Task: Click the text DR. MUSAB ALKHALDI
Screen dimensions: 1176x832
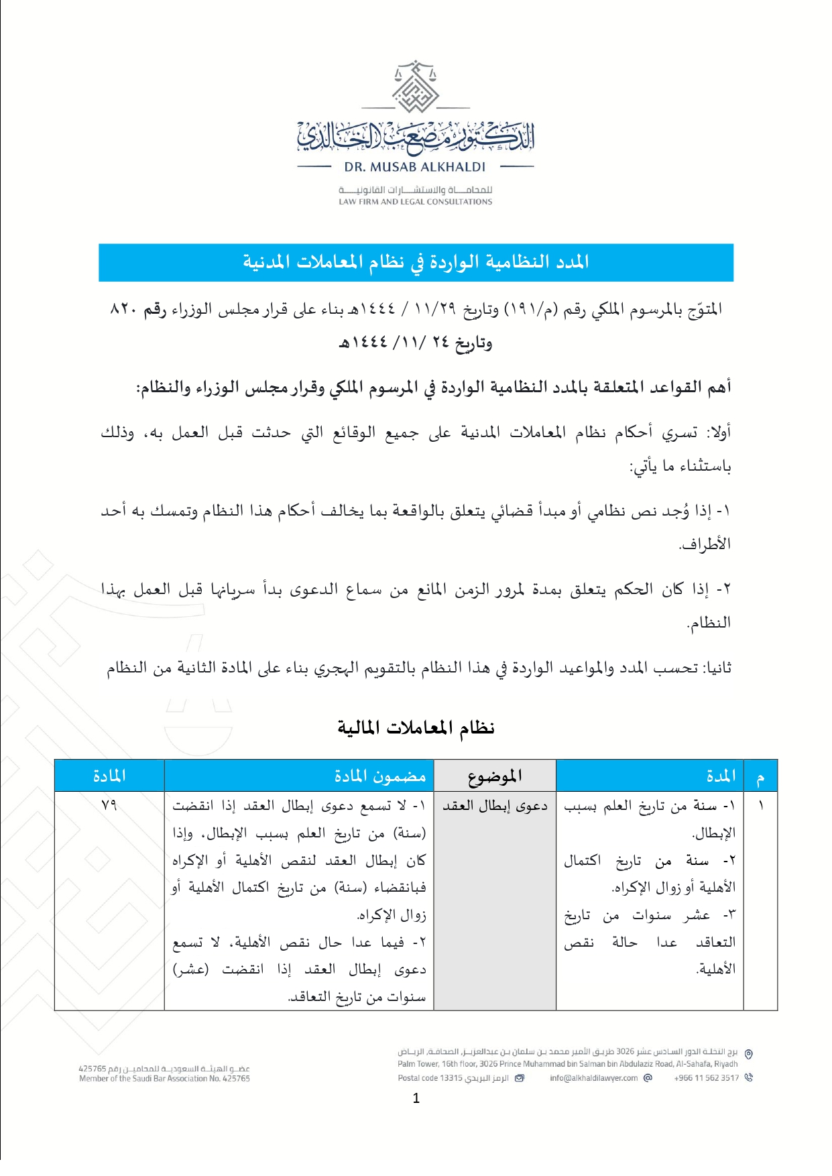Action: click(x=415, y=167)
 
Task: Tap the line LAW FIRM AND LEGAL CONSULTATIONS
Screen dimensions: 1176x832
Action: click(x=415, y=201)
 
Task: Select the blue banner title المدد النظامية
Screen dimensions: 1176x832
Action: click(x=416, y=262)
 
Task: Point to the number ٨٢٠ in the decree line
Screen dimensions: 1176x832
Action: click(x=123, y=309)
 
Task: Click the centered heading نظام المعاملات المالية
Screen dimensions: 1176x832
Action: click(x=416, y=727)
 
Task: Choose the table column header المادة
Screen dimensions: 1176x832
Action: click(x=109, y=776)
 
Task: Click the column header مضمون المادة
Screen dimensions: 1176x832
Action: click(x=380, y=776)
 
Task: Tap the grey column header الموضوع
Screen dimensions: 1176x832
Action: click(x=495, y=776)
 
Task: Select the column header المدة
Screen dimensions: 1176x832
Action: click(x=721, y=776)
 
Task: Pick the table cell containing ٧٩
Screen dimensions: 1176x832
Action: click(x=109, y=805)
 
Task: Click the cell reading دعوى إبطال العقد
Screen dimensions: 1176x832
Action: click(x=495, y=806)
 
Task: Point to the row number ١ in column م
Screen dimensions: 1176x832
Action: click(x=760, y=805)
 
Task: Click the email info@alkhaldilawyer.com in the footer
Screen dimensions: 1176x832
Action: click(x=593, y=1078)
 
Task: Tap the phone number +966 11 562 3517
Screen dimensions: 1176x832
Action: click(x=706, y=1078)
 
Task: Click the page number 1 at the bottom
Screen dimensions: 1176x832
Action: click(x=416, y=1098)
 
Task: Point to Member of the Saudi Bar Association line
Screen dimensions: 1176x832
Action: click(x=164, y=1079)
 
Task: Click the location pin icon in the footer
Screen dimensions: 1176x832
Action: click(x=749, y=1054)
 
